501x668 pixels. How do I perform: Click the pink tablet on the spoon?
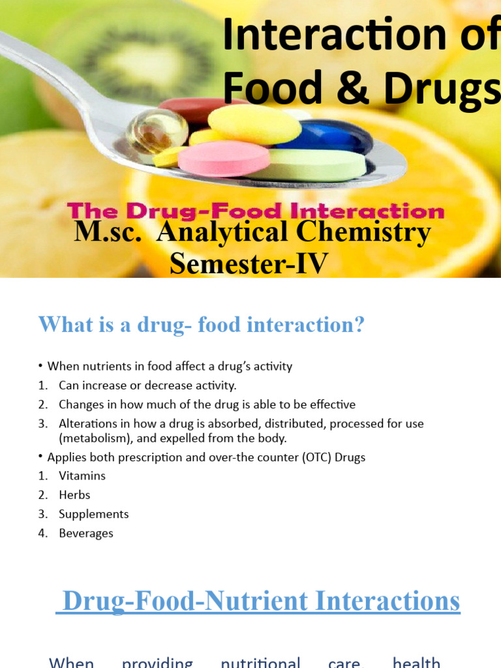224,159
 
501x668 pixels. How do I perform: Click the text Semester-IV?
249,264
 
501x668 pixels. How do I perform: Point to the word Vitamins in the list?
82,476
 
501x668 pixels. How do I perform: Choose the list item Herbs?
74,495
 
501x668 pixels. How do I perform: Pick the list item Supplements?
94,514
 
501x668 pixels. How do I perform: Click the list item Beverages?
86,533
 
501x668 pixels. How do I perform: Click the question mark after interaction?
358,325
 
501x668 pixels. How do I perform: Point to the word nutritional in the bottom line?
260,663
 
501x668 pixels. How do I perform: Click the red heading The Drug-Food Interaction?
256,211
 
